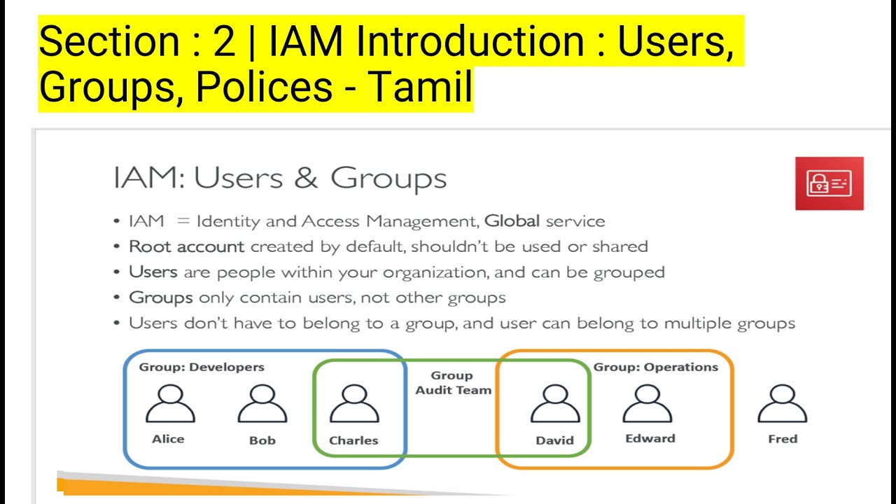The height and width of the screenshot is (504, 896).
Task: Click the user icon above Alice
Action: pos(170,405)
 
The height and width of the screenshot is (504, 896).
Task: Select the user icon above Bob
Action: pos(262,405)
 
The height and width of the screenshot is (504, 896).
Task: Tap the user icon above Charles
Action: pos(353,405)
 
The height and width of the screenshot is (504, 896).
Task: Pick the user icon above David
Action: pos(555,405)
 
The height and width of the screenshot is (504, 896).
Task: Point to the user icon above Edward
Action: pos(647,405)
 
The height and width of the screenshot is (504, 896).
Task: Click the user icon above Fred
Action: pos(783,405)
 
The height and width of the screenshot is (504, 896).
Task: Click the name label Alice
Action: pos(168,439)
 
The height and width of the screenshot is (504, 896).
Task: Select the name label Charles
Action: pos(353,440)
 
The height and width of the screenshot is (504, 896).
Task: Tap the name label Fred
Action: pos(783,439)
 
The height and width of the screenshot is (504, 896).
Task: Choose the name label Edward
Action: pos(650,438)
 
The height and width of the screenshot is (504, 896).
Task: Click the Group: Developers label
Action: pos(202,367)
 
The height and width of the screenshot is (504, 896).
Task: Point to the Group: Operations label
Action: pos(656,367)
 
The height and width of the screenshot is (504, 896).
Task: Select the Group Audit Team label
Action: pos(453,383)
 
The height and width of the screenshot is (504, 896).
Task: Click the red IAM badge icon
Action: pos(829,183)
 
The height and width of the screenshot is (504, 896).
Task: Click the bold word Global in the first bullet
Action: pos(512,221)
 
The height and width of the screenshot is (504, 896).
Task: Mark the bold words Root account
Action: pos(186,246)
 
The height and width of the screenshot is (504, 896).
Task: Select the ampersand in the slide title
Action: pos(306,178)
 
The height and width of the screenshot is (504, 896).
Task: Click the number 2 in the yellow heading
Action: pos(224,42)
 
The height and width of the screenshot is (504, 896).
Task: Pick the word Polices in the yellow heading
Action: pos(264,87)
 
